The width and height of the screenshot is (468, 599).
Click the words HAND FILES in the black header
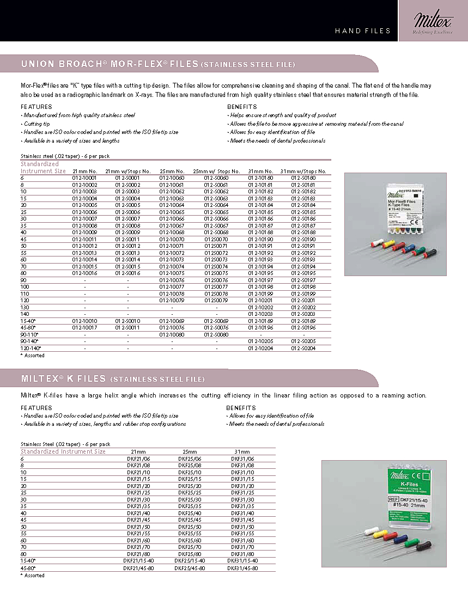363,31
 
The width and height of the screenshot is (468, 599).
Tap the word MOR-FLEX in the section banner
137,64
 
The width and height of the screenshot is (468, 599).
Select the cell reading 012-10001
84,178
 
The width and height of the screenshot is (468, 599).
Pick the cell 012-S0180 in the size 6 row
303,178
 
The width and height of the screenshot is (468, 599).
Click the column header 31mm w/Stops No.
303,171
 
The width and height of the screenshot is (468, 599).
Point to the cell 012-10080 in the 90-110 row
172,334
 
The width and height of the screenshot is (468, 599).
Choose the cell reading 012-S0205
303,341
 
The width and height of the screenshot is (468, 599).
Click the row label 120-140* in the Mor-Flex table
31,348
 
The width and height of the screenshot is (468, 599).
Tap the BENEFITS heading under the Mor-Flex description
242,107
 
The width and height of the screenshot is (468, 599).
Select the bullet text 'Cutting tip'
37,124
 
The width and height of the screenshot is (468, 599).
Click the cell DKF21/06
138,459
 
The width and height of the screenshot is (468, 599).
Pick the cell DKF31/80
242,554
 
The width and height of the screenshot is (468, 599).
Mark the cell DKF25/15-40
190,561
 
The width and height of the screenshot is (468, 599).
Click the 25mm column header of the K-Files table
190,451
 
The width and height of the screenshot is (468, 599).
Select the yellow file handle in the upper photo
388,245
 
